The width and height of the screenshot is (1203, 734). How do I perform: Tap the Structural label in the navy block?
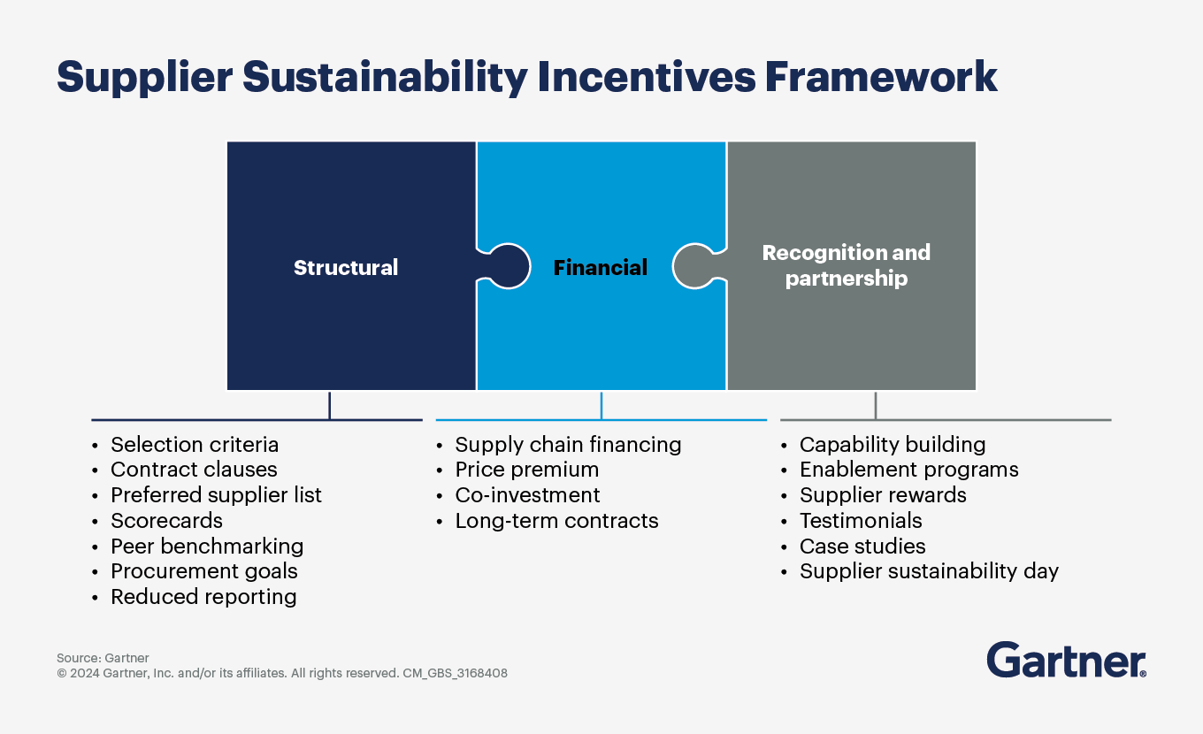[346, 267]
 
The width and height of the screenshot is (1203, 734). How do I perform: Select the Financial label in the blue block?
[601, 267]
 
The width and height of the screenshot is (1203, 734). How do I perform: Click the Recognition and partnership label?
[847, 265]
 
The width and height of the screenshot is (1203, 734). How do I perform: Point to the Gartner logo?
[1066, 661]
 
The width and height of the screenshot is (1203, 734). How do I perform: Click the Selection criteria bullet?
[194, 445]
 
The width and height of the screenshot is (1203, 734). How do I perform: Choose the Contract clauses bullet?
[194, 470]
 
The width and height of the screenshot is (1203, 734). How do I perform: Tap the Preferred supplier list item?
[216, 495]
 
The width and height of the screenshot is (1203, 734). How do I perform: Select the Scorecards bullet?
[166, 521]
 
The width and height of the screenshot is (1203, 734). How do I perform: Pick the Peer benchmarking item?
[206, 547]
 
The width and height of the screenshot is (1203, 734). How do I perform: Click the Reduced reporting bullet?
[203, 597]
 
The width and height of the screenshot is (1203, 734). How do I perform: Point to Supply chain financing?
[568, 445]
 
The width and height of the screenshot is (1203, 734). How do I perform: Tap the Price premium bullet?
[526, 470]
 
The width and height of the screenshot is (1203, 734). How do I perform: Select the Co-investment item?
[527, 495]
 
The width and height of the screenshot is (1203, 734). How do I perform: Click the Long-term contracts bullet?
[556, 521]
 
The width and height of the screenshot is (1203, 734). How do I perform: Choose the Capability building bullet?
[892, 445]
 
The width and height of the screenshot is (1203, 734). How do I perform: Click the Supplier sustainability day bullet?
[929, 571]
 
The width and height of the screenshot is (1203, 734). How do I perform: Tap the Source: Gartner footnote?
[103, 658]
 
